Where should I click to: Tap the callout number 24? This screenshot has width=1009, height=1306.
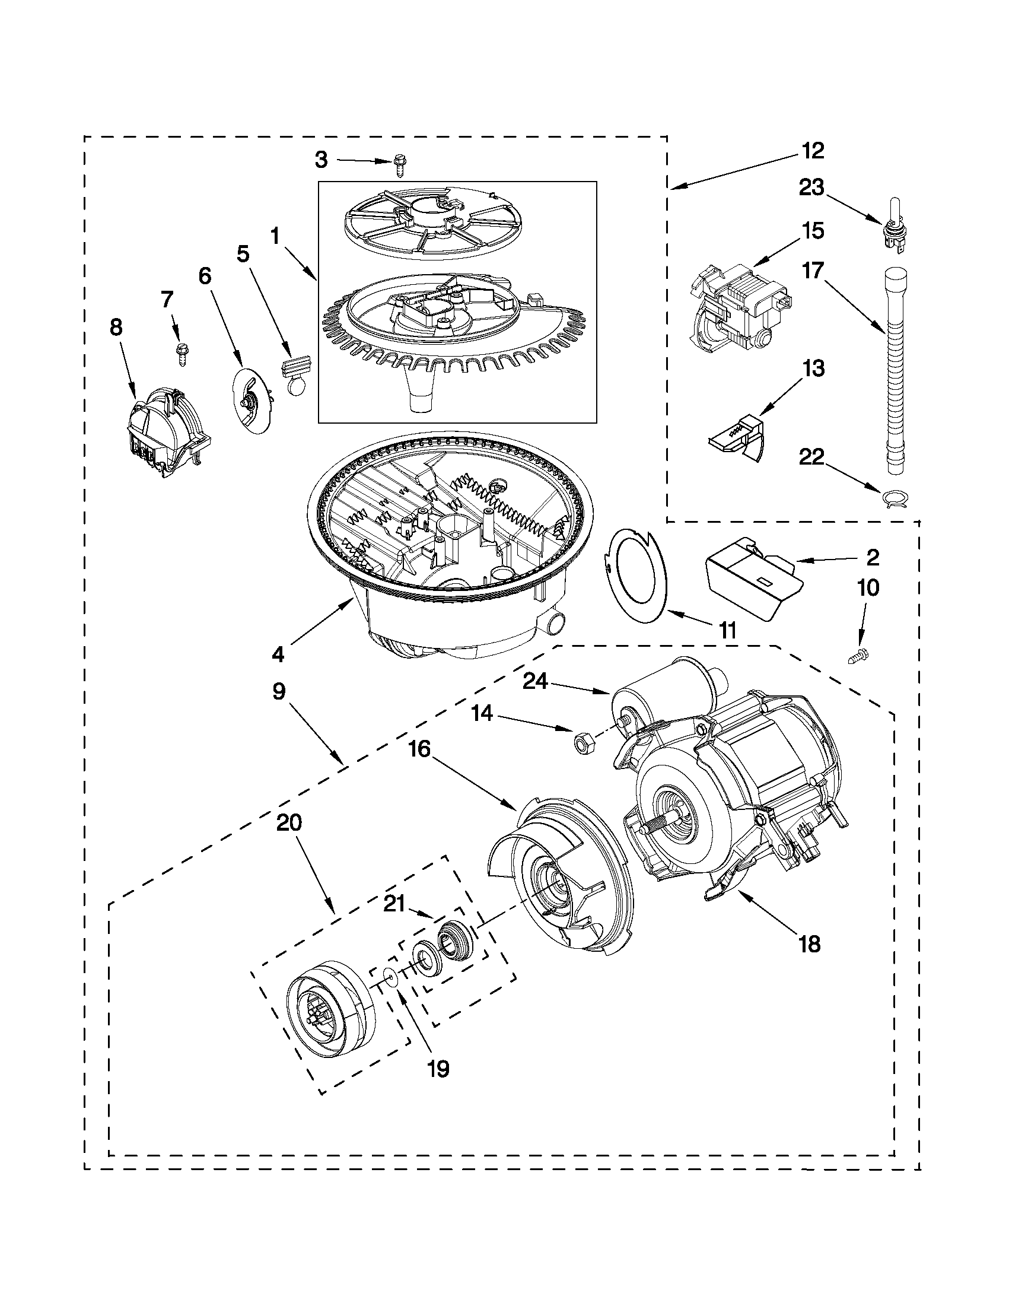click(536, 681)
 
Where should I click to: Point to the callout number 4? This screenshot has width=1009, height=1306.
click(278, 654)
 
